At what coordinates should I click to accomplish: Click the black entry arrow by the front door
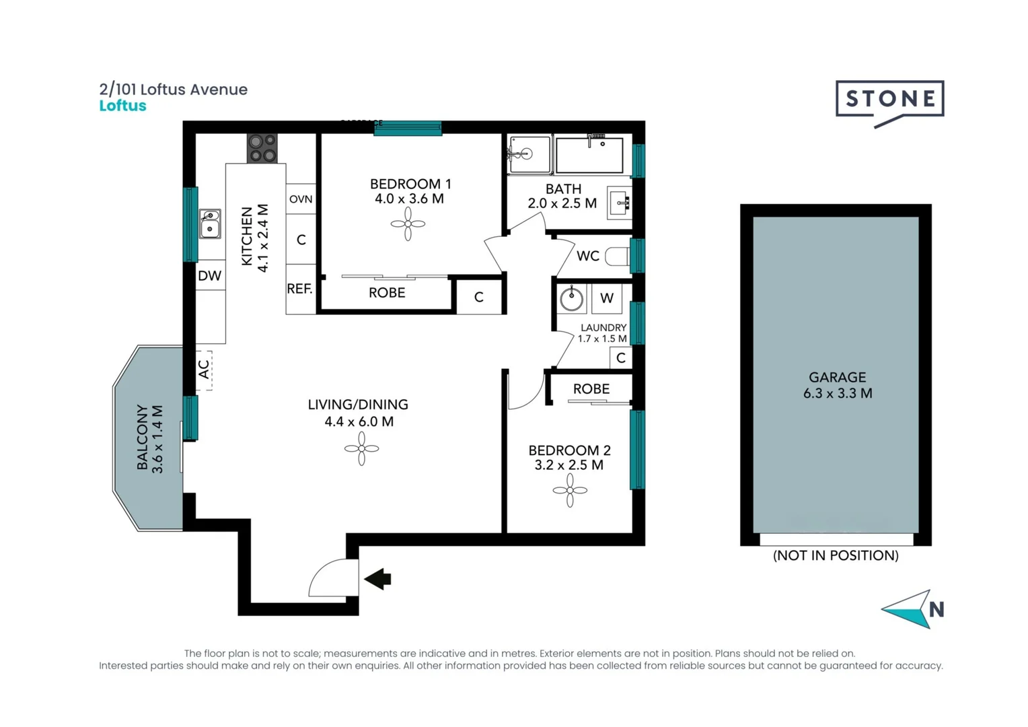(x=378, y=579)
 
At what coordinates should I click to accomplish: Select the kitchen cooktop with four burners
(x=262, y=148)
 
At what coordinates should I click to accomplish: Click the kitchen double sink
(x=210, y=223)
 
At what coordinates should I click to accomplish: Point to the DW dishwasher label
(x=210, y=275)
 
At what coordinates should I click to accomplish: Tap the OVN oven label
(x=301, y=199)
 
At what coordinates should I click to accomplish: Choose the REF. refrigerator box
(x=300, y=289)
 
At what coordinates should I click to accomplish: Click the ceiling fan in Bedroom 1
(x=408, y=224)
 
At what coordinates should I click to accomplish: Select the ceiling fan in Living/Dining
(x=361, y=449)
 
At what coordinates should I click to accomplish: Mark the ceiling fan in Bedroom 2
(x=570, y=490)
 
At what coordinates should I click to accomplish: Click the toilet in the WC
(x=617, y=256)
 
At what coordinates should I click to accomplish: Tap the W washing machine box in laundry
(x=607, y=298)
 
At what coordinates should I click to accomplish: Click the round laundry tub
(x=572, y=298)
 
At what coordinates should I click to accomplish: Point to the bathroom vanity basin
(x=619, y=203)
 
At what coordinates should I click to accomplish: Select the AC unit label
(x=204, y=370)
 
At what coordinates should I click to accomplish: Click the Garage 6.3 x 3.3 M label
(x=837, y=385)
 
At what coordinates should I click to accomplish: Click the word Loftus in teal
(x=122, y=106)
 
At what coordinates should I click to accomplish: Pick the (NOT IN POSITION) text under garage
(x=836, y=555)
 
